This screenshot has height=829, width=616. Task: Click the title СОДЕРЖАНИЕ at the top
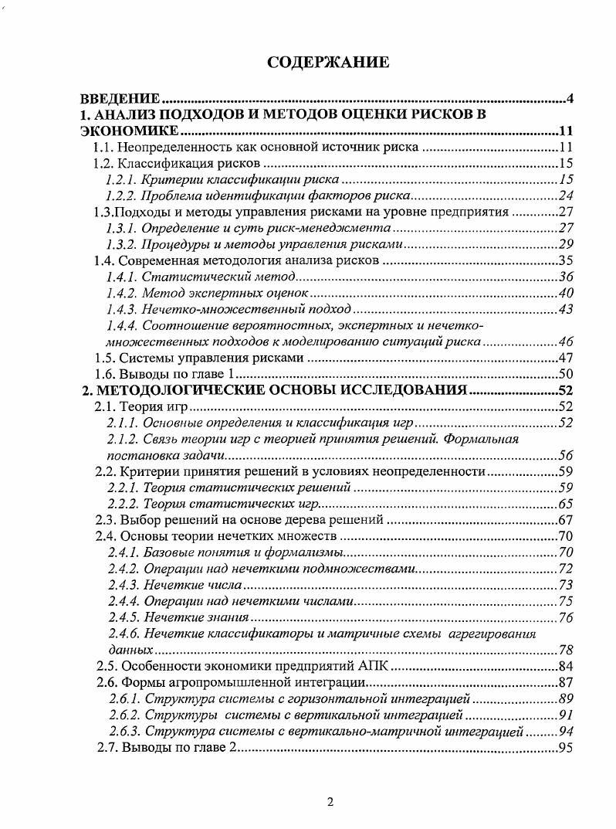pos(328,63)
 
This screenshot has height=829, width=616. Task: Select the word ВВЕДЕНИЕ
pos(121,99)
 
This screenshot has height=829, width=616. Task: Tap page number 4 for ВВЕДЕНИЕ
pos(569,99)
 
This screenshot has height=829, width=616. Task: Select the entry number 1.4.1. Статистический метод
pos(121,277)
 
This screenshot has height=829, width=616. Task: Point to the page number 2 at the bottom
pos(330,801)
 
